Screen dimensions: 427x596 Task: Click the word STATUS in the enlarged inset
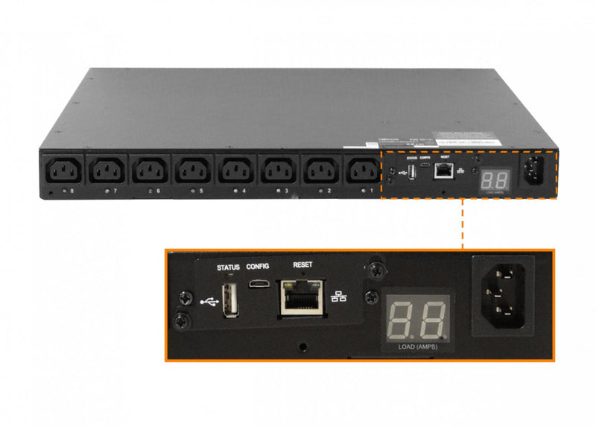[228, 266]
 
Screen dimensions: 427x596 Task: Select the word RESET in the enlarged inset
[303, 265]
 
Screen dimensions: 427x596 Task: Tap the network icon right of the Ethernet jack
[340, 296]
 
